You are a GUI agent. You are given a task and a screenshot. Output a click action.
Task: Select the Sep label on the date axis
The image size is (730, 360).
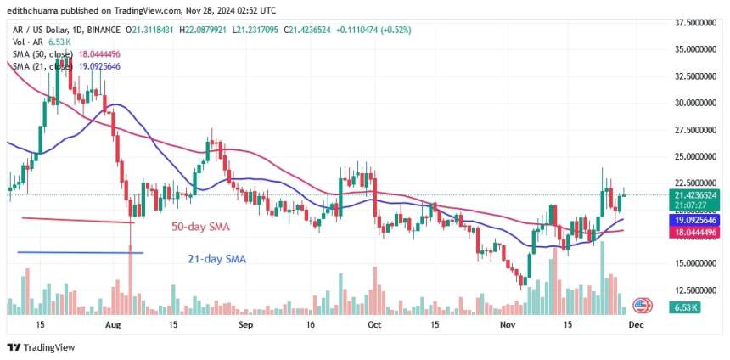246,324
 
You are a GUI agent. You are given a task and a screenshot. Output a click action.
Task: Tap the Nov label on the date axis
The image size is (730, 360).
508,324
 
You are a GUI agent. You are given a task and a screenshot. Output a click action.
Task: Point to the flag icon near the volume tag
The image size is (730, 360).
641,304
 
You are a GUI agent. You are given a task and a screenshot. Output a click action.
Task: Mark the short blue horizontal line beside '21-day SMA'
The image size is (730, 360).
80,252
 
